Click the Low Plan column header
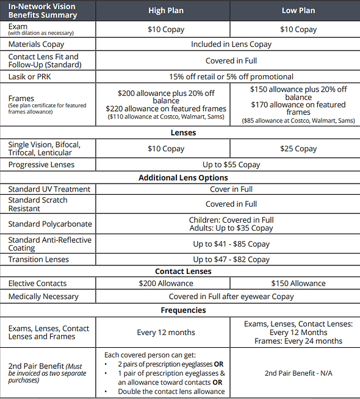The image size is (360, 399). pyautogui.click(x=298, y=11)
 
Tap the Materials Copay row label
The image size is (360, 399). pyautogui.click(x=36, y=45)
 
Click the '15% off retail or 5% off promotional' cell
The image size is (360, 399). pyautogui.click(x=231, y=77)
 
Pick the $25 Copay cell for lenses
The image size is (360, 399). pyautogui.click(x=298, y=148)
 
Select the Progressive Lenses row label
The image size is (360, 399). pyautogui.click(x=41, y=165)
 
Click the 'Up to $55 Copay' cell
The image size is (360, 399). pyautogui.click(x=231, y=165)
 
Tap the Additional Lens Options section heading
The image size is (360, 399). pyautogui.click(x=183, y=178)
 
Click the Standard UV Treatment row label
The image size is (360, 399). pyautogui.click(x=49, y=189)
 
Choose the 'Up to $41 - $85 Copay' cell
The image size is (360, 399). pyautogui.click(x=231, y=244)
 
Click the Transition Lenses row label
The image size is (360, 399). pyautogui.click(x=38, y=259)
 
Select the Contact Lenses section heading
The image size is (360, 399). pyautogui.click(x=183, y=271)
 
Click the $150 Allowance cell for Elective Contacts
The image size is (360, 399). pyautogui.click(x=298, y=283)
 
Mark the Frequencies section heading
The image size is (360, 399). pyautogui.click(x=183, y=310)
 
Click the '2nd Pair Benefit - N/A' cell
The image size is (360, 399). pyautogui.click(x=298, y=372)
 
